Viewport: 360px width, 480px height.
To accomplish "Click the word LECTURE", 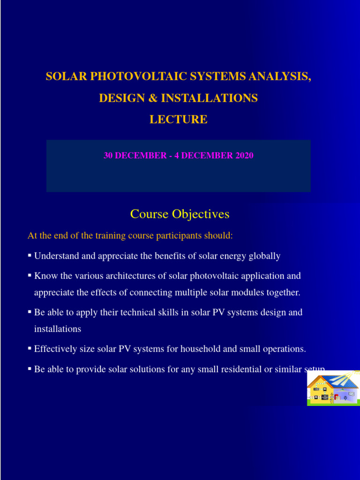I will point(178,120).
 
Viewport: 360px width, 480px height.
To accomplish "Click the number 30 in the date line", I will point(108,155).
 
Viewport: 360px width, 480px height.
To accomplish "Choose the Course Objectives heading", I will point(180,214).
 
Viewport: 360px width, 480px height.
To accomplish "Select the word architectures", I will point(116,276).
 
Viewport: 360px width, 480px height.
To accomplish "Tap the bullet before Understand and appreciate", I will point(30,255).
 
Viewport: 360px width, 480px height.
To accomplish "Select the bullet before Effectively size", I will point(30,348).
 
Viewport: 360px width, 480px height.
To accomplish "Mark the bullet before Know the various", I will point(30,275).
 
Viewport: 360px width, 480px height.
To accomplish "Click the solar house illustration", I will point(333,389).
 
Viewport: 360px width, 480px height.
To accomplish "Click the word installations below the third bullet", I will point(58,329).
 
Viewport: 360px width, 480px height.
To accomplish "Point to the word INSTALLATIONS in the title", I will point(210,98).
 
